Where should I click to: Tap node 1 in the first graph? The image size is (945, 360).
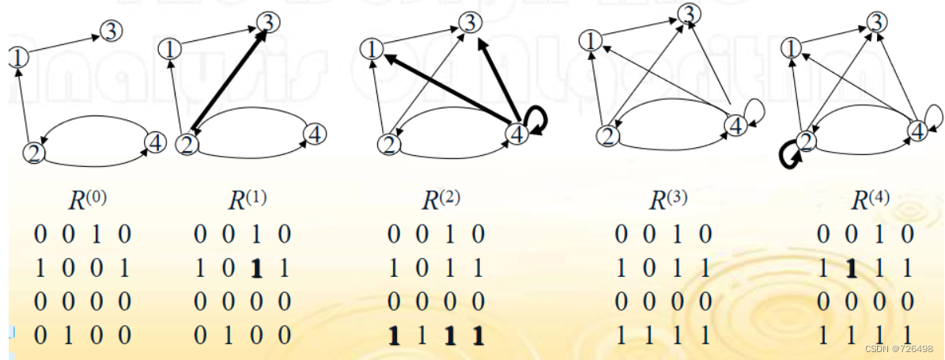[17, 56]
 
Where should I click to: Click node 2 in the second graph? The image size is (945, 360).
[187, 144]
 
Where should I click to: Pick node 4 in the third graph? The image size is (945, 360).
[516, 135]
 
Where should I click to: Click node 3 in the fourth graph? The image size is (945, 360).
[690, 13]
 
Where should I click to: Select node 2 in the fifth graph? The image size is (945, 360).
[805, 141]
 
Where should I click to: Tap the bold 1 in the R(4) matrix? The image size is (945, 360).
[851, 269]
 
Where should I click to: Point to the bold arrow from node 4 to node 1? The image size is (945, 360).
[443, 89]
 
